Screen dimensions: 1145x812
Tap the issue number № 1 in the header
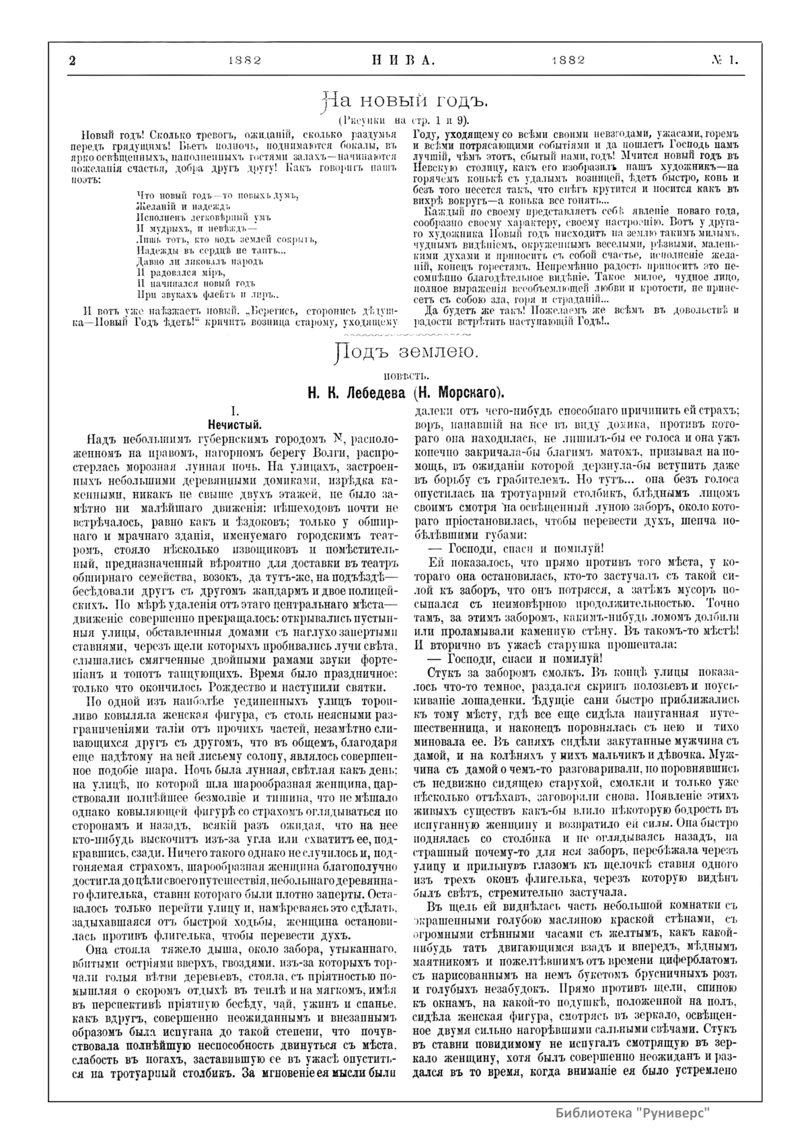click(725, 59)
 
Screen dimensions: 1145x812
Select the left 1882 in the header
click(244, 59)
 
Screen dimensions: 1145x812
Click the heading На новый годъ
click(405, 101)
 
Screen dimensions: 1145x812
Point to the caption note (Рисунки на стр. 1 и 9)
click(405, 120)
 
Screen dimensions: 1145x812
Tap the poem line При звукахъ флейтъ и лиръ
click(208, 295)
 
